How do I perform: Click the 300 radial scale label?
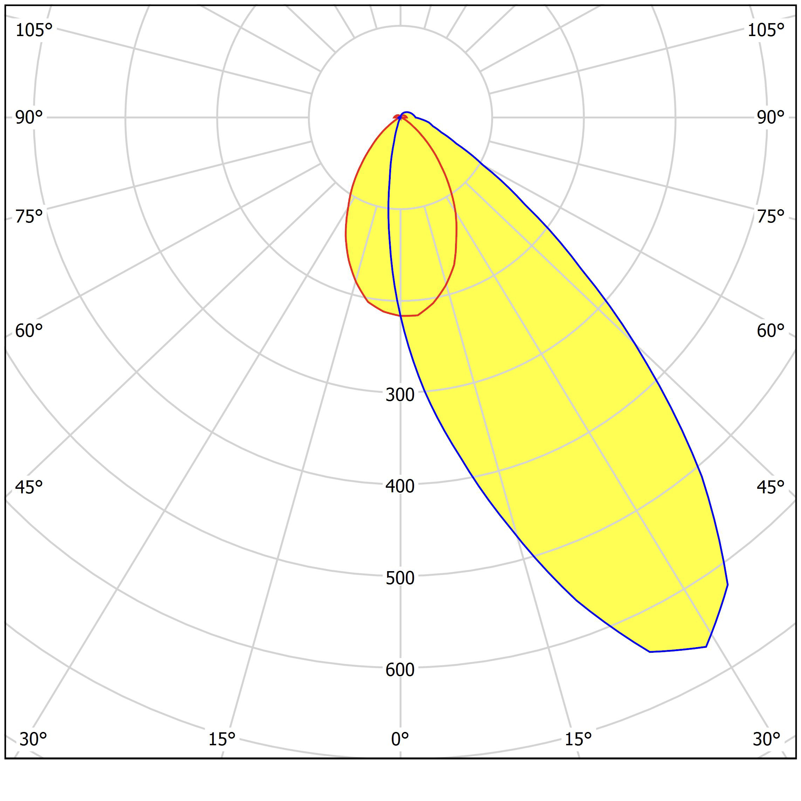400,395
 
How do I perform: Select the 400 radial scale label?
400,486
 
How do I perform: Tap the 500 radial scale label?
400,578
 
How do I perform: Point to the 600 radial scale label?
400,670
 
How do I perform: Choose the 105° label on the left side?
34,30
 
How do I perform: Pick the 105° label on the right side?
766,30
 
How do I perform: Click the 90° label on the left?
29,118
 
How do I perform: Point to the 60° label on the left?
29,331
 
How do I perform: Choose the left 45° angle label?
29,487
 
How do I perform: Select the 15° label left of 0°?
222,739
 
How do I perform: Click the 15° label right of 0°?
578,739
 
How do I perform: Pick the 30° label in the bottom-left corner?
33,739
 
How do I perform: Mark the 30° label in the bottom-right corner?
767,739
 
